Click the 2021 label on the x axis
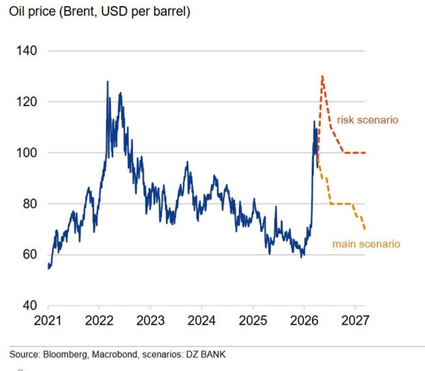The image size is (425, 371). tap(49, 320)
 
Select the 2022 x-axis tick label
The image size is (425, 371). tap(99, 320)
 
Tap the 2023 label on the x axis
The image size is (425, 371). tap(151, 320)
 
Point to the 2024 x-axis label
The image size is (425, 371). tap(202, 320)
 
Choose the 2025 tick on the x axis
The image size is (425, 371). tap(253, 320)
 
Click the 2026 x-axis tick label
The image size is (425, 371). tap(304, 320)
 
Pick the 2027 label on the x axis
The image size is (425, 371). tap(355, 320)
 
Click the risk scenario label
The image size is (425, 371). tap(367, 120)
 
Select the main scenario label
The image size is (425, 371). tap(366, 243)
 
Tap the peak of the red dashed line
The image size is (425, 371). tap(321, 76)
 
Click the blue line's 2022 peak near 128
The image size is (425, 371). tap(108, 82)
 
